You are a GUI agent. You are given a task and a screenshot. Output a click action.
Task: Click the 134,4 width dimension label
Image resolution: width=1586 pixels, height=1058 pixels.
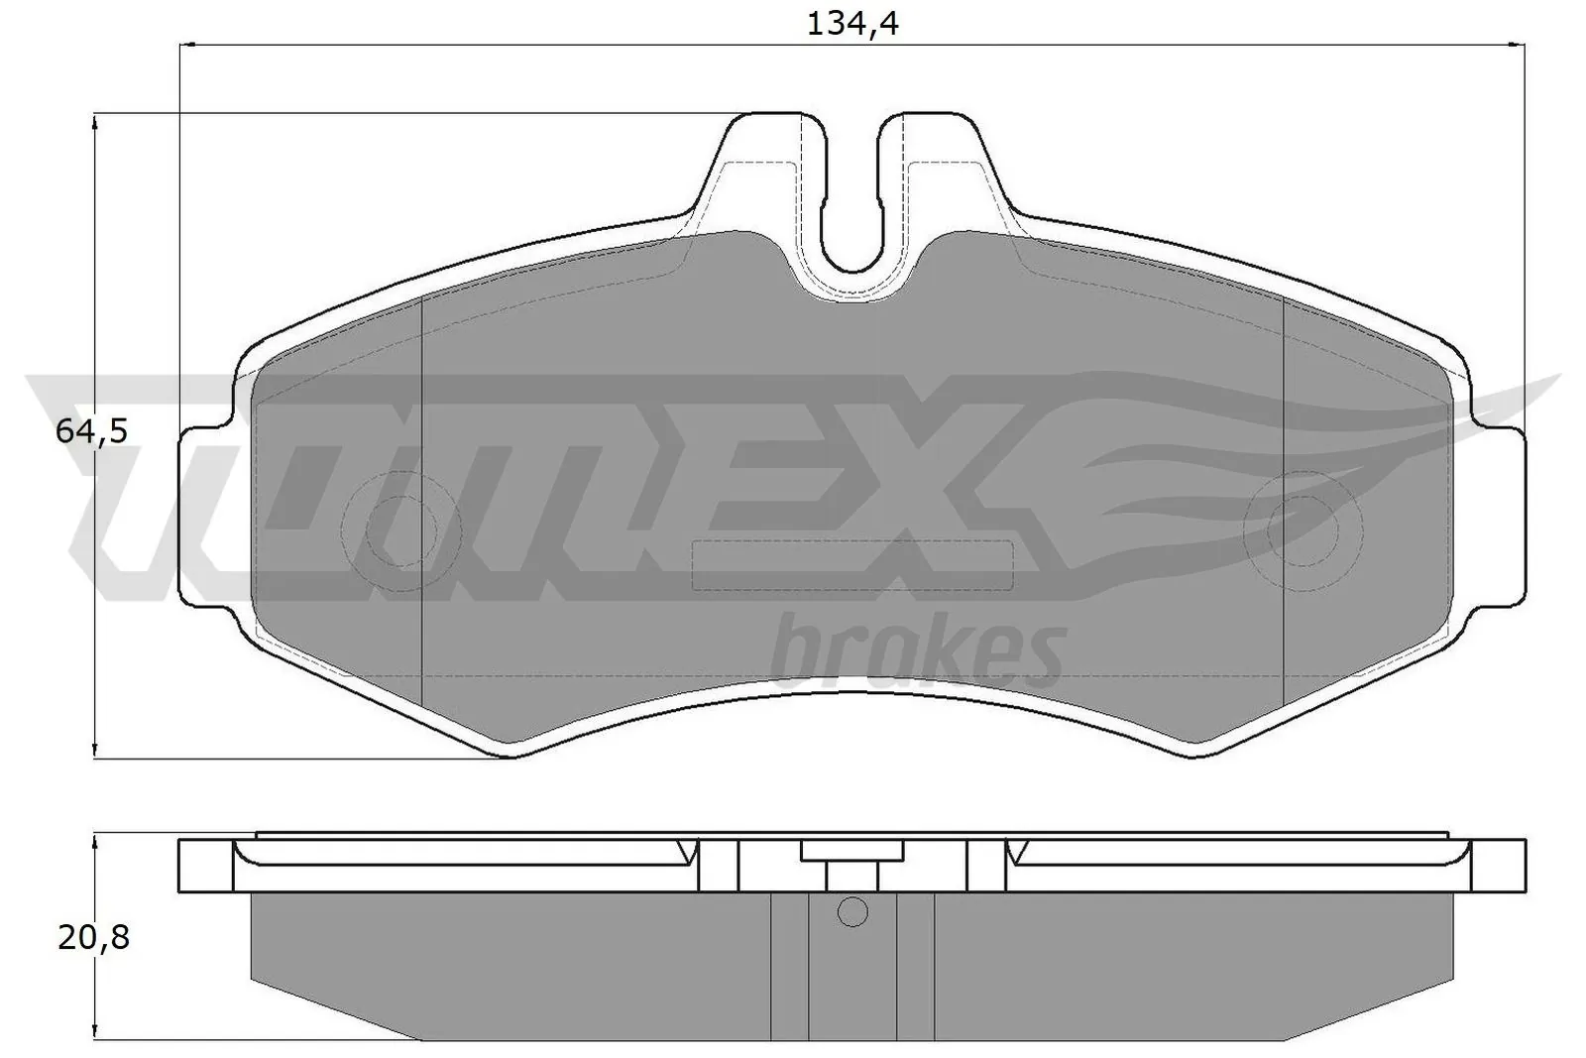[x=851, y=23]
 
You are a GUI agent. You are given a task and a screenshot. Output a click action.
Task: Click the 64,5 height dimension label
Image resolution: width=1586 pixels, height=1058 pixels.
[x=92, y=431]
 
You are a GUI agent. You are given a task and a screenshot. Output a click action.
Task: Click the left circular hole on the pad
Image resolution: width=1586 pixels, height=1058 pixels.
[x=400, y=529]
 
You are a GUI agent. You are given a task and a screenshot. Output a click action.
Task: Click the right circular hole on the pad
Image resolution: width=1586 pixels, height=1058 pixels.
[x=1301, y=529]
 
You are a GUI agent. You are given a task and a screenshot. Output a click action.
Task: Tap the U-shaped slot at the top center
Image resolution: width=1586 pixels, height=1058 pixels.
[x=851, y=198]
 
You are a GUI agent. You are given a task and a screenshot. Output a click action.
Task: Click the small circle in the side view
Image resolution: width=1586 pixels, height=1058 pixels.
[x=851, y=911]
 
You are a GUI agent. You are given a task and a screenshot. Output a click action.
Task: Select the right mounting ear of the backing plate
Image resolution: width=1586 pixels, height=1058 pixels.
[x=1497, y=516]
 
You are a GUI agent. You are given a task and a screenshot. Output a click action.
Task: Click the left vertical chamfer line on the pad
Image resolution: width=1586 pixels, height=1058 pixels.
[x=422, y=496]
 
